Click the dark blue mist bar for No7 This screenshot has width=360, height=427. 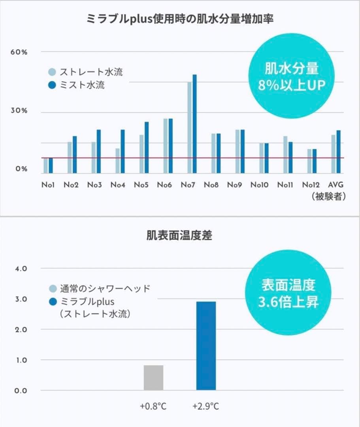click(x=194, y=124)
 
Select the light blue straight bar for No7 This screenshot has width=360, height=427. click(x=189, y=127)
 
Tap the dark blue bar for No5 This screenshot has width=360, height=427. click(x=147, y=147)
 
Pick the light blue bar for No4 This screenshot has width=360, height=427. click(x=117, y=161)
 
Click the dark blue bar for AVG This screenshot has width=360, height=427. click(x=338, y=151)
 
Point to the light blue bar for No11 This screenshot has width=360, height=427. click(x=285, y=155)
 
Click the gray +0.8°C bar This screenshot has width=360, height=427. click(x=153, y=378)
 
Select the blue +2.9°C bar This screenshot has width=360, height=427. click(x=206, y=346)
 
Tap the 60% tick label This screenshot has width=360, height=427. click(x=19, y=52)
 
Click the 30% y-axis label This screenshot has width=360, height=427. click(x=19, y=111)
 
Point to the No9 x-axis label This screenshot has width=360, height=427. click(x=234, y=185)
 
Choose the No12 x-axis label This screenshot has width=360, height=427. click(x=310, y=185)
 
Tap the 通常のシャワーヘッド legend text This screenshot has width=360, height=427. click(x=105, y=288)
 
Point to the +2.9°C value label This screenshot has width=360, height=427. click(x=205, y=406)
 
